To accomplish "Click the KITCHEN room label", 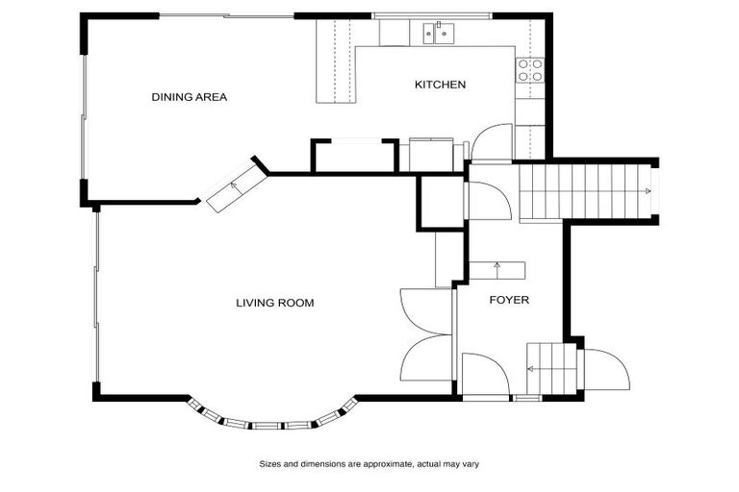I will click(440, 85).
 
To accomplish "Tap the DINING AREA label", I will click(189, 96).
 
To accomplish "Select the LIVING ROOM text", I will click(275, 303).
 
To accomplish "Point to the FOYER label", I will click(509, 300).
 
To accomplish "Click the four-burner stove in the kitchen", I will click(529, 70).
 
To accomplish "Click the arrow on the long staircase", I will click(649, 192).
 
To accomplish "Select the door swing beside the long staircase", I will click(488, 200).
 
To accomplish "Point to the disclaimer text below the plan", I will click(369, 463).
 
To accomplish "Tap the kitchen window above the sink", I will click(432, 15).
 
